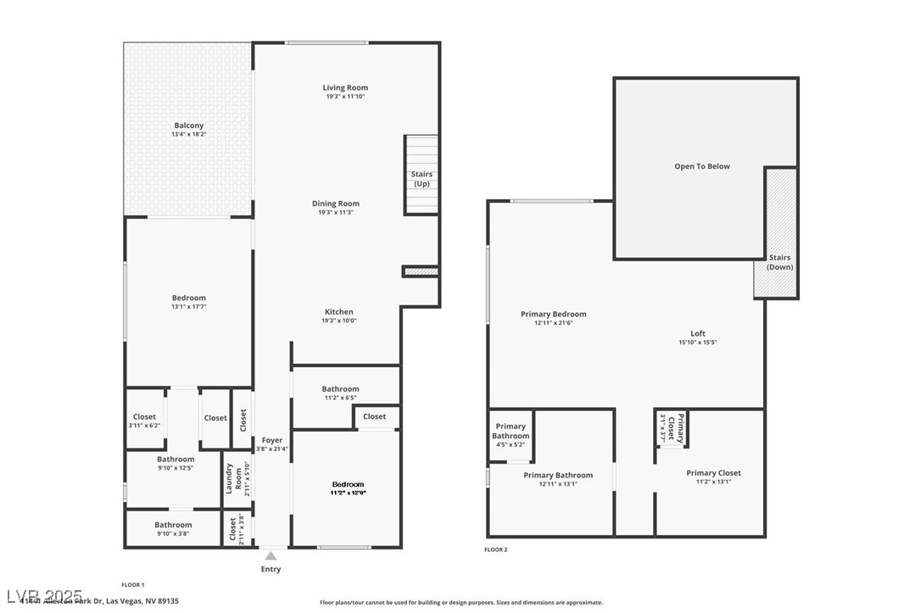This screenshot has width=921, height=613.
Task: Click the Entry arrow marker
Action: coord(271,556)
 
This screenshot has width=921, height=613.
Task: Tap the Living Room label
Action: coord(345,87)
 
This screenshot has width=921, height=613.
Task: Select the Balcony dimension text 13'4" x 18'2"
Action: coord(188,135)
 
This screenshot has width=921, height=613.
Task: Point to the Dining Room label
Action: coord(336,203)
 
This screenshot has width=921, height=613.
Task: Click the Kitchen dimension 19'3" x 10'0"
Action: coord(338,321)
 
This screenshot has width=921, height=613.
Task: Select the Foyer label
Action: coord(271,440)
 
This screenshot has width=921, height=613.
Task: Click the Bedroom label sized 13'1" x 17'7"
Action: coord(188,298)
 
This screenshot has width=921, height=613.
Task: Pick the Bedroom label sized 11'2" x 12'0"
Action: coord(348,484)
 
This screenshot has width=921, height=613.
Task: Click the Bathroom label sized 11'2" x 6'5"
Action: coord(340,389)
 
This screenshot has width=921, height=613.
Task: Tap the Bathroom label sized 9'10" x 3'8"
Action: coord(173,525)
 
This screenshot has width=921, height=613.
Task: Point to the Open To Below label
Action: coord(701,166)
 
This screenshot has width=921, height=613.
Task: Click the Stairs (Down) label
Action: coord(779,262)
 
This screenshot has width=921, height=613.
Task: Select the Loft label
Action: coord(697,333)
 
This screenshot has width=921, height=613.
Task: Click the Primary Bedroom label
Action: coord(553,314)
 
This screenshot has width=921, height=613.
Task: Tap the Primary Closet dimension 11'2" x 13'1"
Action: coord(713,482)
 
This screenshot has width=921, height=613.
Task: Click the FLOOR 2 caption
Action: coord(495,549)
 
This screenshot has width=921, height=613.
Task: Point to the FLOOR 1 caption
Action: coord(132,585)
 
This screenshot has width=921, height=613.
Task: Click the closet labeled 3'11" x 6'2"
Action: coord(143,426)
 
